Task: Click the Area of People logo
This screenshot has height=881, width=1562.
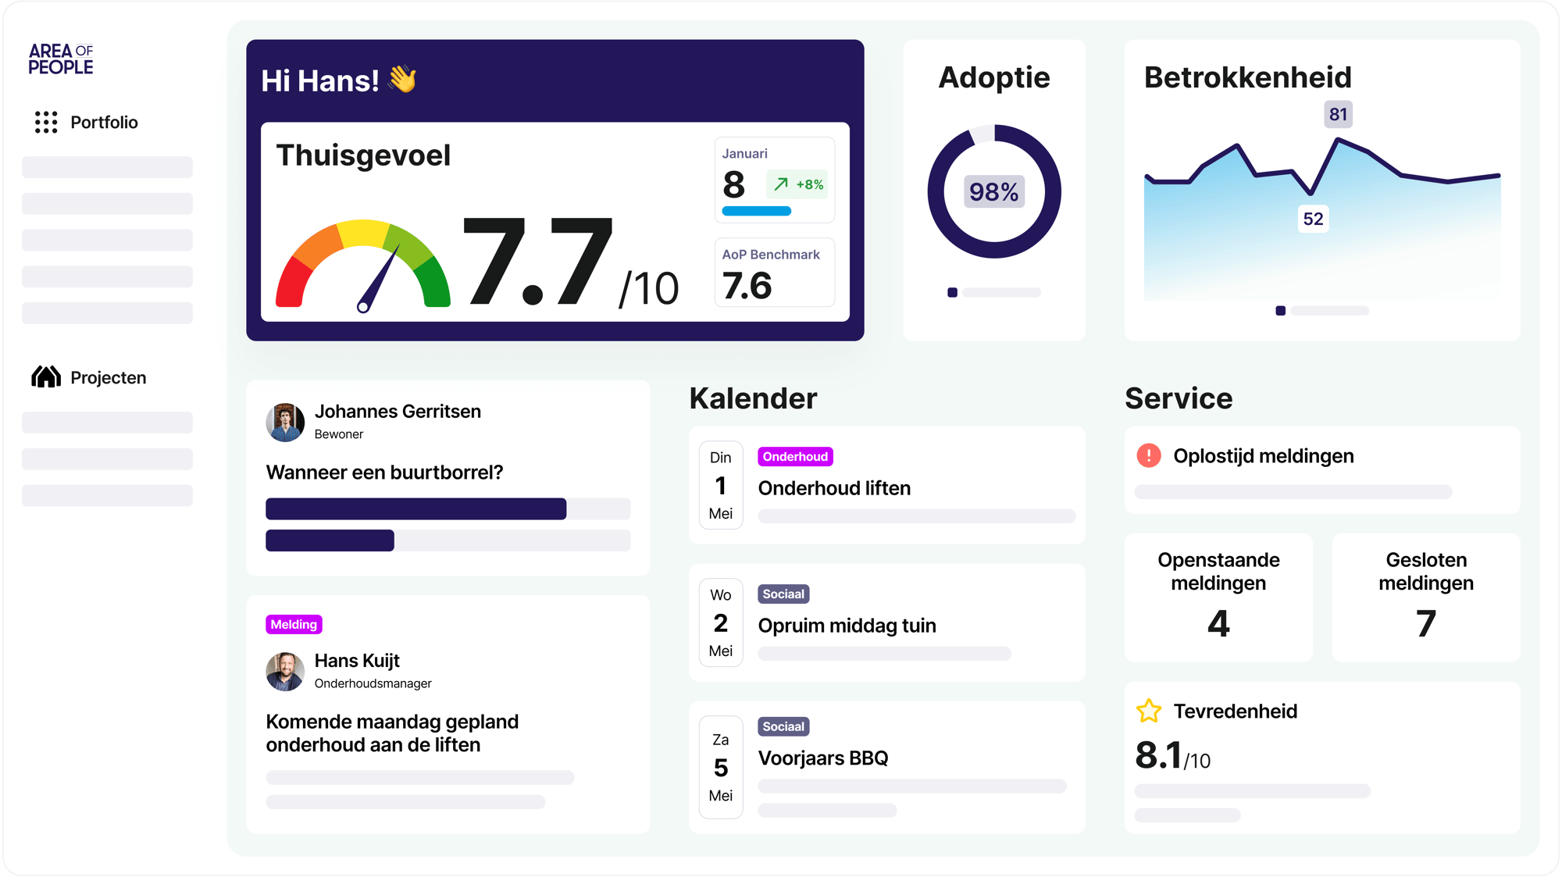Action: pos(61,59)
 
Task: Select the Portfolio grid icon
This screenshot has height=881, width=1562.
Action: pos(46,122)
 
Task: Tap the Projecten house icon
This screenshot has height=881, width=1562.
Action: pos(46,377)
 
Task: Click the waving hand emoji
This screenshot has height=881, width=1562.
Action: pos(403,80)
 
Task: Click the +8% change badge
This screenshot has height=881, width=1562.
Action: pos(797,184)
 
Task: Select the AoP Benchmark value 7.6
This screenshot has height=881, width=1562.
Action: pos(747,286)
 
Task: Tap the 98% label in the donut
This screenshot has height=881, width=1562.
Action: pos(993,192)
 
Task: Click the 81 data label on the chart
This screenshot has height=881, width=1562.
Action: pos(1338,115)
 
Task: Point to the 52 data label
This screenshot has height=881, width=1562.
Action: pos(1313,219)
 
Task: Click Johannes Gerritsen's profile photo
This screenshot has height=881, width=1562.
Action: pos(285,423)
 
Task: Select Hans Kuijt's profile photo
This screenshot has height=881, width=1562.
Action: pos(285,672)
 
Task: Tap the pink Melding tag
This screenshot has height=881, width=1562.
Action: pos(294,624)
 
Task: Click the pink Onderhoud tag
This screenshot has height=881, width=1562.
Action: pos(795,457)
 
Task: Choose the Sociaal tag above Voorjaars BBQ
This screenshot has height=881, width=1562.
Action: pos(783,726)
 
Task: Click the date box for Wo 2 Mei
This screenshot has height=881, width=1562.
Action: pos(720,622)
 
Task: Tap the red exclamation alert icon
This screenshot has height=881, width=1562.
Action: pos(1149,455)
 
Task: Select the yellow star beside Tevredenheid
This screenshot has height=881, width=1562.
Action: pos(1149,711)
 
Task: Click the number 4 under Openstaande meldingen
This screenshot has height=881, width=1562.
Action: pos(1218,623)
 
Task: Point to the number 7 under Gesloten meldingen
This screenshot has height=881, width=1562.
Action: pos(1426,623)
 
